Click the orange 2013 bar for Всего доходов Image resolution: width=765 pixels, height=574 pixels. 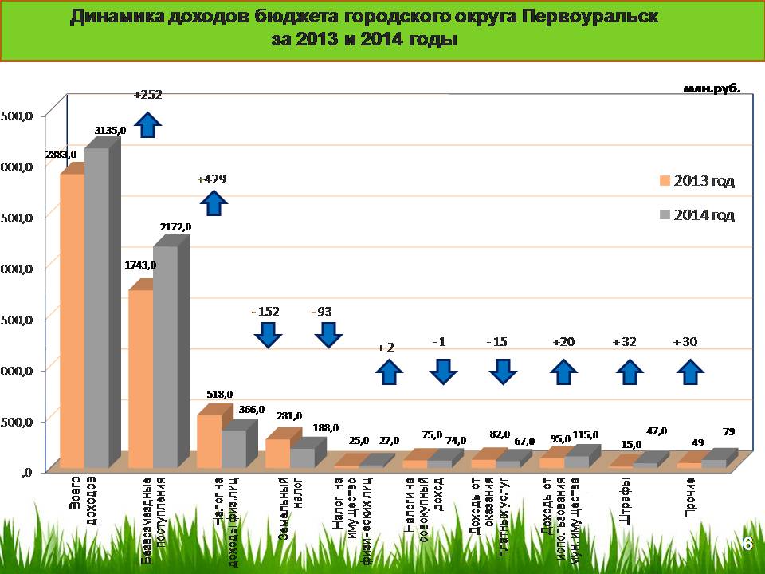tap(73, 319)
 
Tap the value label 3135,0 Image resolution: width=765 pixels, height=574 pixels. tap(111, 130)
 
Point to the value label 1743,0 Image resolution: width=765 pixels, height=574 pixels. tap(141, 265)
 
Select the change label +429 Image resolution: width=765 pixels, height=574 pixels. tap(212, 179)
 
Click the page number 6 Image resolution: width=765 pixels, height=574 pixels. tap(747, 543)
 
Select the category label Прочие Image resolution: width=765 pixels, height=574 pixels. tap(690, 496)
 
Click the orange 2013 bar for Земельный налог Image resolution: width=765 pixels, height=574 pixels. tap(277, 452)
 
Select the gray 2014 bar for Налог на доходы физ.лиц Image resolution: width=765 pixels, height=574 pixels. tap(233, 448)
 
